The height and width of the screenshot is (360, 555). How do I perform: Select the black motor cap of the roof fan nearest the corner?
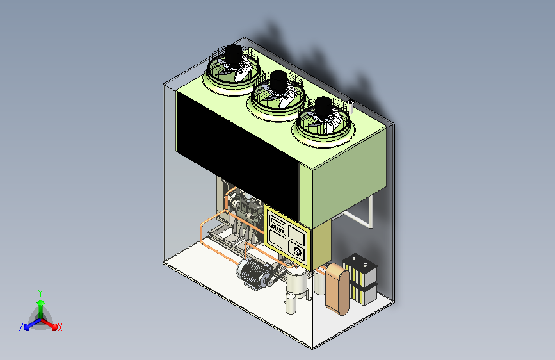(x=323, y=106)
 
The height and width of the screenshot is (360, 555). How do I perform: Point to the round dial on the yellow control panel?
(x=297, y=252)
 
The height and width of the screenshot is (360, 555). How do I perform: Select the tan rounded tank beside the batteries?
(x=337, y=289)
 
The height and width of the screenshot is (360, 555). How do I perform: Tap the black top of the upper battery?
(x=360, y=263)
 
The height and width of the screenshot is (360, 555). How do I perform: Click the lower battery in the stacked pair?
(x=364, y=292)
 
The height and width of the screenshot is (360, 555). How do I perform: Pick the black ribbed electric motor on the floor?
(x=252, y=272)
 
